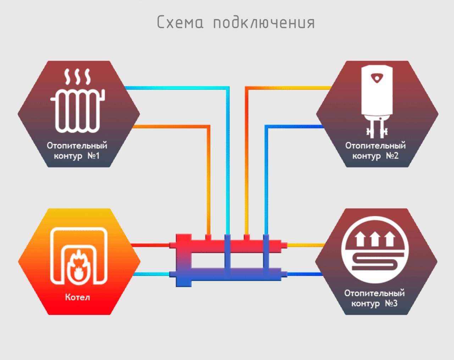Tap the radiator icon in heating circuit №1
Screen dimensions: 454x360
pyautogui.click(x=78, y=100)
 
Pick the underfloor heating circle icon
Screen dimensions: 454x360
pyautogui.click(x=375, y=250)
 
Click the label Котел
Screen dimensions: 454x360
pyautogui.click(x=77, y=297)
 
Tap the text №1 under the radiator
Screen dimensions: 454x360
pyautogui.click(x=93, y=156)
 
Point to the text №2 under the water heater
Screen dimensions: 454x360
pyautogui.click(x=392, y=156)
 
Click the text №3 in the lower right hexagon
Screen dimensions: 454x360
pyautogui.click(x=391, y=304)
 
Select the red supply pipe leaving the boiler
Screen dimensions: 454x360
pyautogui.click(x=150, y=245)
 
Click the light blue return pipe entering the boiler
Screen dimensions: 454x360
pyautogui.click(x=151, y=274)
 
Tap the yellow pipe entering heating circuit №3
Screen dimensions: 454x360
pyautogui.click(x=306, y=245)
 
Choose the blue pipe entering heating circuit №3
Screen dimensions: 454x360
pyautogui.click(x=305, y=274)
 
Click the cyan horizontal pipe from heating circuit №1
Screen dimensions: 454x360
pyautogui.click(x=177, y=88)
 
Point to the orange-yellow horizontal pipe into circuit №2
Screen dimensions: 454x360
pyautogui.click(x=288, y=88)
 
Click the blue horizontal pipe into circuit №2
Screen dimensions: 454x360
pyautogui.click(x=294, y=126)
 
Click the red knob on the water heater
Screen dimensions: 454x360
pyautogui.click(x=377, y=78)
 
